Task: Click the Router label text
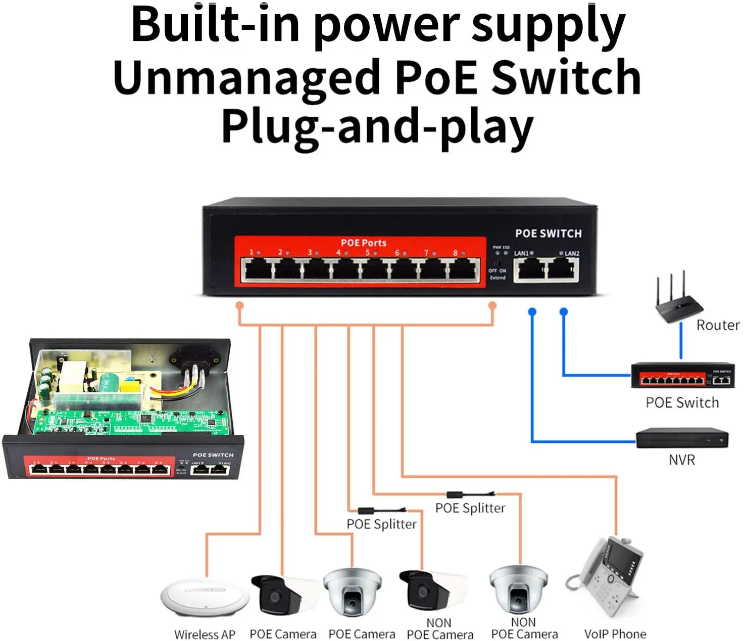click(x=717, y=325)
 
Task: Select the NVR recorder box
click(x=681, y=438)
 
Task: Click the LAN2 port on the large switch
click(x=562, y=269)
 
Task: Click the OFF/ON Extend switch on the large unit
click(x=497, y=264)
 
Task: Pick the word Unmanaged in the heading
click(x=246, y=77)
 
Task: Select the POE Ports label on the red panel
click(x=363, y=243)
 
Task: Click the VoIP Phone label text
click(x=615, y=634)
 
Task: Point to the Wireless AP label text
click(x=205, y=634)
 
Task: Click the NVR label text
click(x=681, y=460)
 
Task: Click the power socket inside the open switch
click(x=195, y=359)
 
